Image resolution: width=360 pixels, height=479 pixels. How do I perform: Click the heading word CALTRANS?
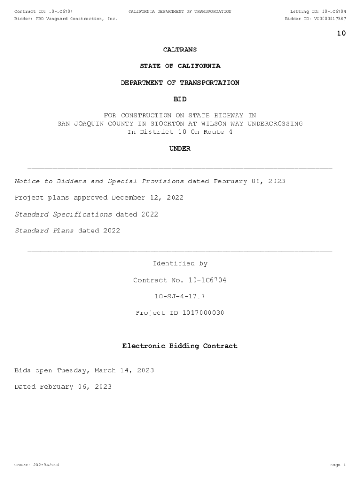tap(180, 50)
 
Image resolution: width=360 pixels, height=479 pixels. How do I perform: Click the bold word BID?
tap(180, 99)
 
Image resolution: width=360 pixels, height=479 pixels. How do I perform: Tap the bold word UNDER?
tap(180, 149)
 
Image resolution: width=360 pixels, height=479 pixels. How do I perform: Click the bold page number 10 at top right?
tap(341, 33)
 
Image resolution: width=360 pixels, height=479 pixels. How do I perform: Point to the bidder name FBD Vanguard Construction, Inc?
tap(77, 19)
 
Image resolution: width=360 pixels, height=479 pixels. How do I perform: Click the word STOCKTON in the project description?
tap(167, 124)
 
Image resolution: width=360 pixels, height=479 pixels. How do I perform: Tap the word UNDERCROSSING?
tap(275, 124)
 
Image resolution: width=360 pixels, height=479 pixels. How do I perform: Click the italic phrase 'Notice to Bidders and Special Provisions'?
tap(99, 181)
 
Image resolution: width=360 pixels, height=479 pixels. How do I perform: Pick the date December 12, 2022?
tap(148, 197)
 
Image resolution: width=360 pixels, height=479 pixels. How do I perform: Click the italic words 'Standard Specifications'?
tap(63, 214)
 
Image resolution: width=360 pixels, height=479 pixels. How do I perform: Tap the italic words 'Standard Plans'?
tap(44, 231)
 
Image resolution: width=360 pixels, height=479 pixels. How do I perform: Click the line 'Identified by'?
tap(180, 264)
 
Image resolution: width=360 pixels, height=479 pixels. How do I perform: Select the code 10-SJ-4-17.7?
tap(180, 297)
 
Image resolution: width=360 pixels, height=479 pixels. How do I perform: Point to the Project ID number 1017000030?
tap(202, 313)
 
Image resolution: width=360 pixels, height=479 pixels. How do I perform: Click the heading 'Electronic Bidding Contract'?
tap(180, 346)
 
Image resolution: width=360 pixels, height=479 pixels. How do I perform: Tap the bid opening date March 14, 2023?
tap(124, 370)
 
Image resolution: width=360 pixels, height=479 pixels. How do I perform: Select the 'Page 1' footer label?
tap(338, 465)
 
